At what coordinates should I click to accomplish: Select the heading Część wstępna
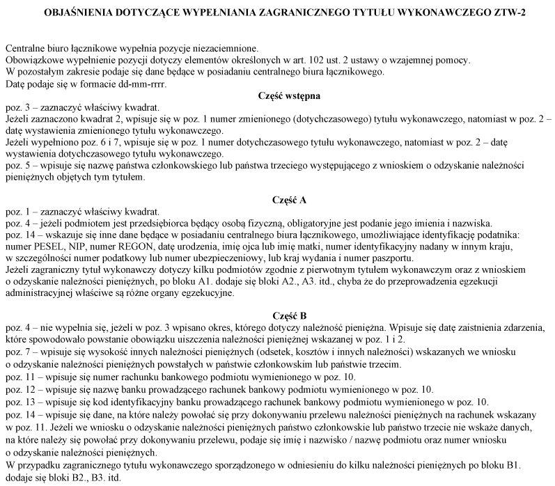click(x=279, y=96)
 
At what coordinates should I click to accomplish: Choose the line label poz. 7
click(x=17, y=353)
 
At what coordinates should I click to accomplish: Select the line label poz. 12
click(x=19, y=389)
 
